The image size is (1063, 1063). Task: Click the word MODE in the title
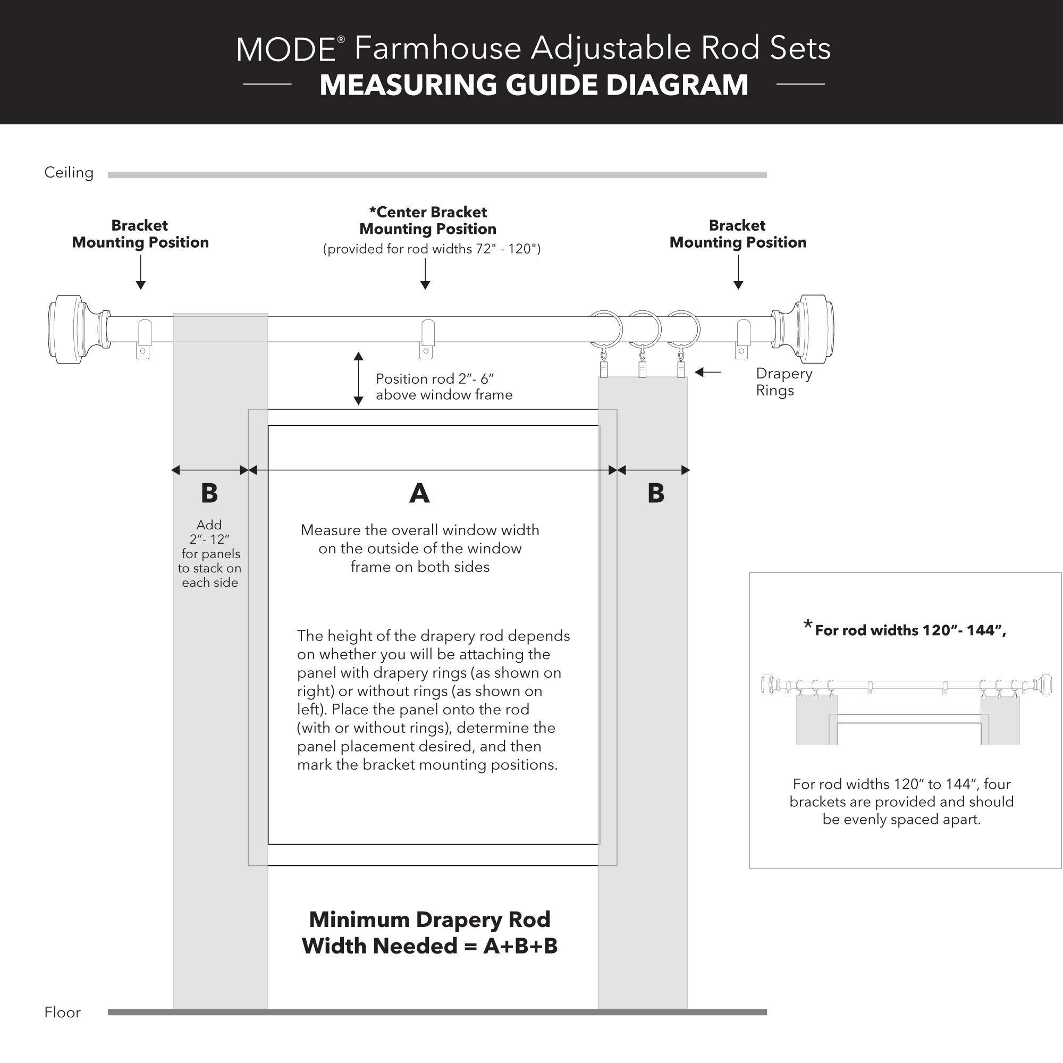[x=286, y=49]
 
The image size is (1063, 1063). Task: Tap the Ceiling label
[x=69, y=173]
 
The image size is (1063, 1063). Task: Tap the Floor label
[x=62, y=1013]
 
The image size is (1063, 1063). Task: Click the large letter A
[x=419, y=494]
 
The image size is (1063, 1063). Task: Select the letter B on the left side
[x=209, y=494]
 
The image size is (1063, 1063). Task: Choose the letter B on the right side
[x=655, y=494]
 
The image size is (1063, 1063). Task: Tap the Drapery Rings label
[x=783, y=382]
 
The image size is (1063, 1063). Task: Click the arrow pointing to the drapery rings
[x=707, y=373]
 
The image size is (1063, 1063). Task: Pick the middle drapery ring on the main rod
[x=644, y=328]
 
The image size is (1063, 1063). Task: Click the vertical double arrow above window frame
[x=358, y=378]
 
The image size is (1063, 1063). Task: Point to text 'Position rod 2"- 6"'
[x=435, y=378]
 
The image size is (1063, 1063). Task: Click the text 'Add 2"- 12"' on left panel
[x=209, y=532]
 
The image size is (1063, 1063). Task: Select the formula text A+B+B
[x=520, y=946]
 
